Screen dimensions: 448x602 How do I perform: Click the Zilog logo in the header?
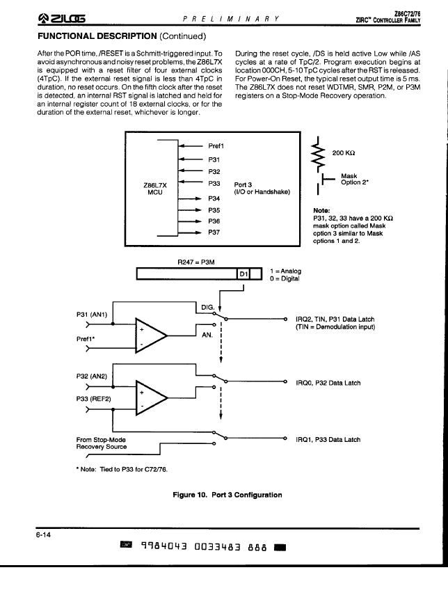(61, 18)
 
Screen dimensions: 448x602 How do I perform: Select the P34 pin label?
(214, 198)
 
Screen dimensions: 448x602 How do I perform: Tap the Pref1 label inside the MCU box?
(216, 146)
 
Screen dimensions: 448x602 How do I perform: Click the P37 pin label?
(214, 232)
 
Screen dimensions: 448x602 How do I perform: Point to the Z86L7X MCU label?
(155, 189)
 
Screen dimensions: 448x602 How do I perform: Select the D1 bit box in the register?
(243, 274)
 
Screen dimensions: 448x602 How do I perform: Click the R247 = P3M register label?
(195, 262)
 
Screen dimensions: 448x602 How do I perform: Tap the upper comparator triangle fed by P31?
(151, 335)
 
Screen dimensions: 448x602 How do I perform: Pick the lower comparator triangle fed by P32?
(151, 398)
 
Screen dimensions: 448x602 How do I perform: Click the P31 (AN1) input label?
(92, 315)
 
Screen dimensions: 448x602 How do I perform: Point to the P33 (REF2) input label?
(93, 399)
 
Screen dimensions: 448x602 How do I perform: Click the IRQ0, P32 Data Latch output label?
(328, 383)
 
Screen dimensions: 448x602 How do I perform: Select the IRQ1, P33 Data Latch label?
(328, 440)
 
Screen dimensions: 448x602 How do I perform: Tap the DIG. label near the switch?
(208, 308)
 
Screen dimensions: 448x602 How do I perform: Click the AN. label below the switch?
(207, 335)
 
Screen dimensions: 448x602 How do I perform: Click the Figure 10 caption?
(227, 495)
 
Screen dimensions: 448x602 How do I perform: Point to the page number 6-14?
(43, 534)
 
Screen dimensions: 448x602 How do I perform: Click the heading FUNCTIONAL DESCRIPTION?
(97, 36)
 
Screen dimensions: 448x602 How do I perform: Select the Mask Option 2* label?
(355, 180)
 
